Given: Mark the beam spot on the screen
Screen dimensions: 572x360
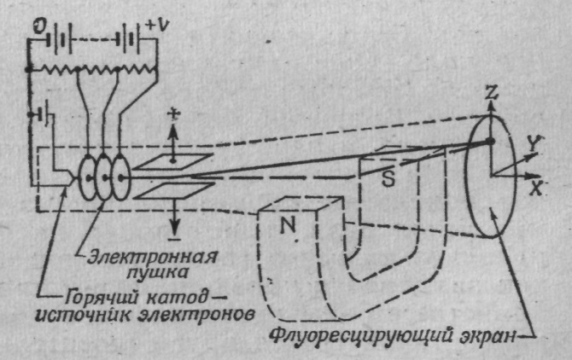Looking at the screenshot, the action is [490, 141].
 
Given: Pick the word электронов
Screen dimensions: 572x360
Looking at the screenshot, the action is [202, 313].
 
